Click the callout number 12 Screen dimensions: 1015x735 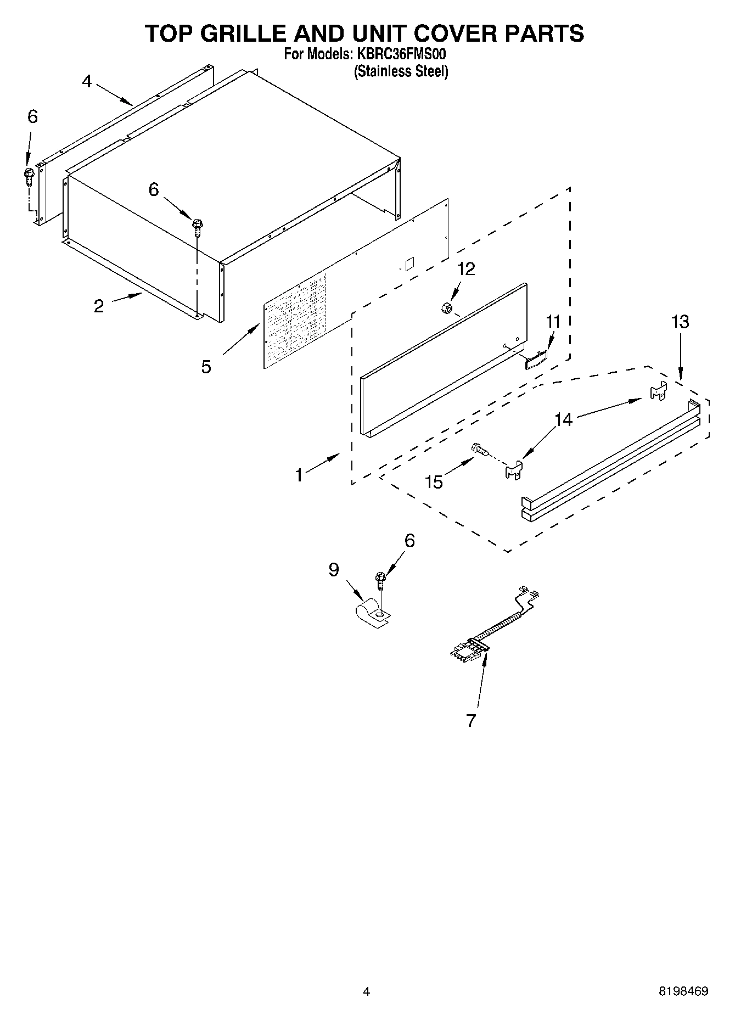(466, 269)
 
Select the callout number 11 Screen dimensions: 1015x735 (553, 322)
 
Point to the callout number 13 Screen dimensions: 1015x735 (680, 322)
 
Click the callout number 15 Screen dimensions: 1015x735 (434, 482)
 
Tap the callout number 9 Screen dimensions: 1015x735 (334, 570)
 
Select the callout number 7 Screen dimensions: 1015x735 (471, 720)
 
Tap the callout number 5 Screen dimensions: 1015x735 (206, 367)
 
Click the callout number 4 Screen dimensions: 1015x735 (87, 81)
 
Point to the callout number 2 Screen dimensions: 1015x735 (99, 306)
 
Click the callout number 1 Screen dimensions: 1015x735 (299, 475)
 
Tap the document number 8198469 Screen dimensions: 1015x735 (683, 991)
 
